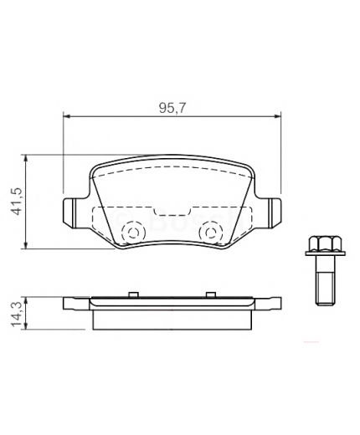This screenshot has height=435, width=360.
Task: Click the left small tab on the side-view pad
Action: pos(131,293)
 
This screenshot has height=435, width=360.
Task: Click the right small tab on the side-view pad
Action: pos(208,293)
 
